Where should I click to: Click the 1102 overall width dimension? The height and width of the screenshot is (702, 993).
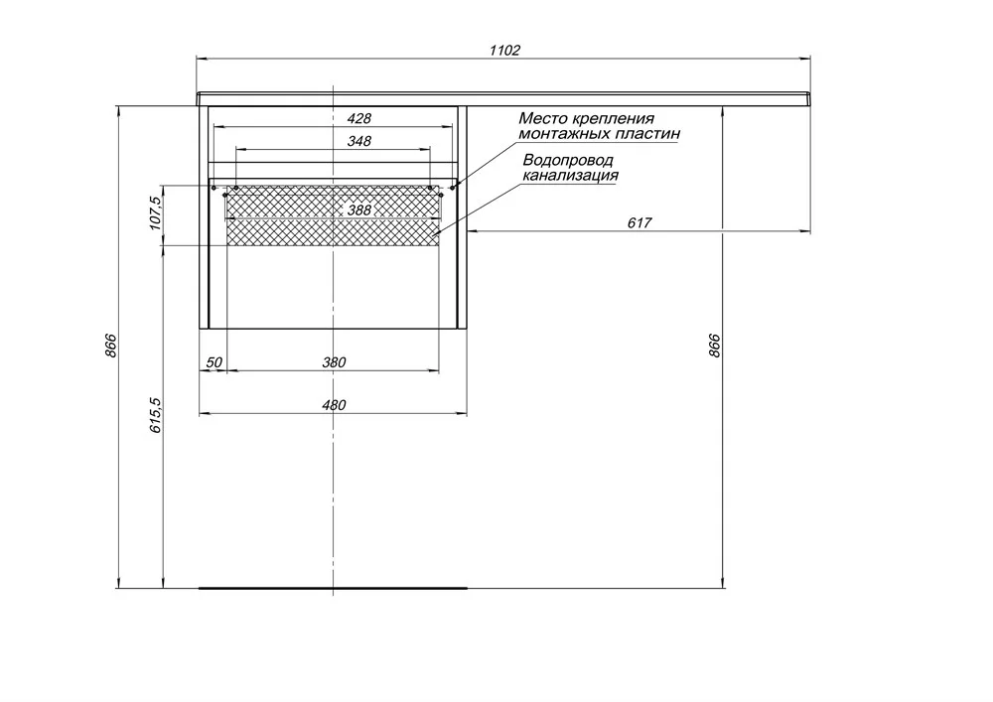click(504, 50)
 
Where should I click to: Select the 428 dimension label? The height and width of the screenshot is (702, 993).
click(359, 118)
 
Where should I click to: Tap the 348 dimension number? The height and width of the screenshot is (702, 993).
click(359, 141)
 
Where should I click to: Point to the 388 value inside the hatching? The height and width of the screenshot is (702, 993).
click(359, 210)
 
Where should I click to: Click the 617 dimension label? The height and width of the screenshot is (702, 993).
click(639, 222)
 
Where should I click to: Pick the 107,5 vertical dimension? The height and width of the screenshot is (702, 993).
click(156, 212)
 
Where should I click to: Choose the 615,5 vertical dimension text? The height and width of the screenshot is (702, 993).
click(156, 415)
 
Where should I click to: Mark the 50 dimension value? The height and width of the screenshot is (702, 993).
click(214, 362)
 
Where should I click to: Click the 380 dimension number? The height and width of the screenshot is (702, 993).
click(334, 362)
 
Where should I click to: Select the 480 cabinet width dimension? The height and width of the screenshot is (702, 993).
click(334, 405)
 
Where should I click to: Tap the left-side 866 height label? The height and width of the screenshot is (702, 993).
click(111, 346)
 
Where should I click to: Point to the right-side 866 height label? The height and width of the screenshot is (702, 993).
click(714, 346)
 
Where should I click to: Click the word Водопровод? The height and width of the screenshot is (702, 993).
click(568, 161)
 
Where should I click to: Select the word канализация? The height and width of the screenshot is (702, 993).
click(570, 176)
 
